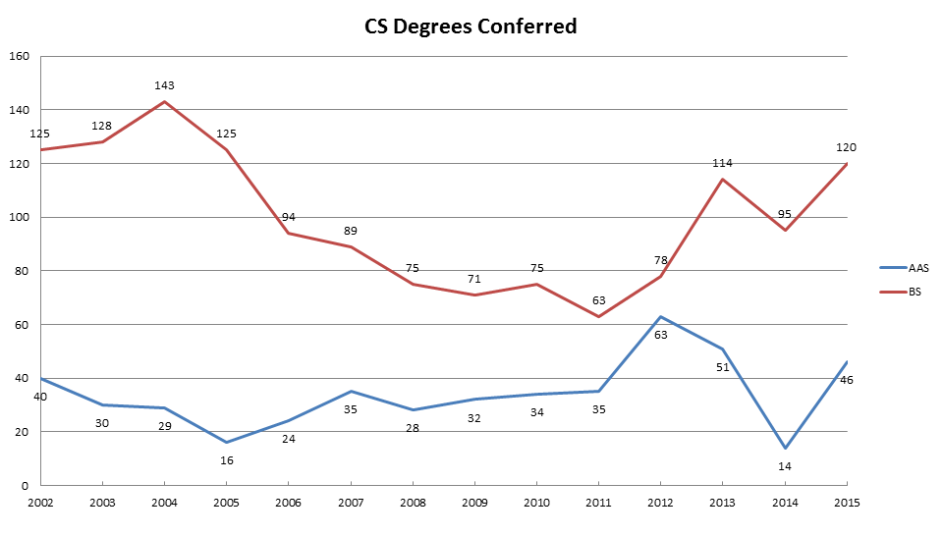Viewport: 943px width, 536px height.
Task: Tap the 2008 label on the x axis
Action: (x=413, y=502)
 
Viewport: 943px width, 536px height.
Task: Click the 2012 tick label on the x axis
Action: (x=661, y=502)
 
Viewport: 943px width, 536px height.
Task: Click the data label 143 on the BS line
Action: (x=164, y=85)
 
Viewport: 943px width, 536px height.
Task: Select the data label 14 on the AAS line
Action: (x=786, y=467)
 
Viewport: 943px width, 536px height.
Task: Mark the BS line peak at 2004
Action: (x=164, y=101)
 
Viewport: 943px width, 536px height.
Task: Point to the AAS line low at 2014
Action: (x=786, y=448)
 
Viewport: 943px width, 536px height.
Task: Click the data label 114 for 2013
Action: (x=723, y=163)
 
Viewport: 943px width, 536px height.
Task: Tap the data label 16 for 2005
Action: (x=226, y=459)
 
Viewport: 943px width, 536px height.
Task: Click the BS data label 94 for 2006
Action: (x=289, y=217)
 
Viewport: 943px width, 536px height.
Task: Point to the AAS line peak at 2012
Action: (x=661, y=316)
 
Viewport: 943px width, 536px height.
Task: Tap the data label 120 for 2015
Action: (x=846, y=147)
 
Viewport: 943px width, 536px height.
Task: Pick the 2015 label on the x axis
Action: (x=846, y=502)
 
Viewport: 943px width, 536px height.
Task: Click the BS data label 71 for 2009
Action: (x=474, y=279)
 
